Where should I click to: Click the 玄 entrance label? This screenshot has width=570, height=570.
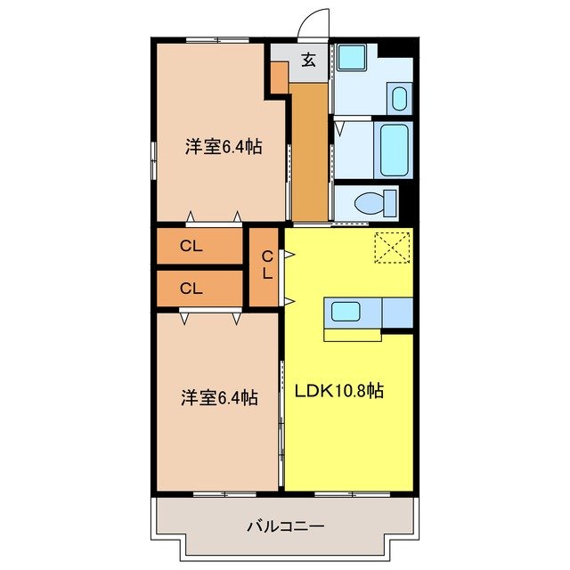tap(308, 61)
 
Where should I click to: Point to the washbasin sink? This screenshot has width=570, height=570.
tap(399, 97)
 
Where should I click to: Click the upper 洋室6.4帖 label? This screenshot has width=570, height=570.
tap(224, 148)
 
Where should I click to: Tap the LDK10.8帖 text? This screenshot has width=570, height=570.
tap(339, 391)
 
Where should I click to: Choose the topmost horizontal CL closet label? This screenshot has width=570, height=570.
tap(191, 248)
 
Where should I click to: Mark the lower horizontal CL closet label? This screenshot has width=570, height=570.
tap(191, 288)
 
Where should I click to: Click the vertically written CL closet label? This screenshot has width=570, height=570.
tap(266, 265)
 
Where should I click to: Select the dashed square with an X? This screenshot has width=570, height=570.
tap(391, 248)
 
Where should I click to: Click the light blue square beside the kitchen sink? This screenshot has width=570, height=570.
tap(397, 313)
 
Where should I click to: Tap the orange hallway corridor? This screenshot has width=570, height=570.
tap(310, 151)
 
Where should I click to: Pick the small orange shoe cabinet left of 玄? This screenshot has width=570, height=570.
tap(279, 79)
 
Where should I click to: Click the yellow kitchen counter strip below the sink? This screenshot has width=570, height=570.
tap(352, 334)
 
